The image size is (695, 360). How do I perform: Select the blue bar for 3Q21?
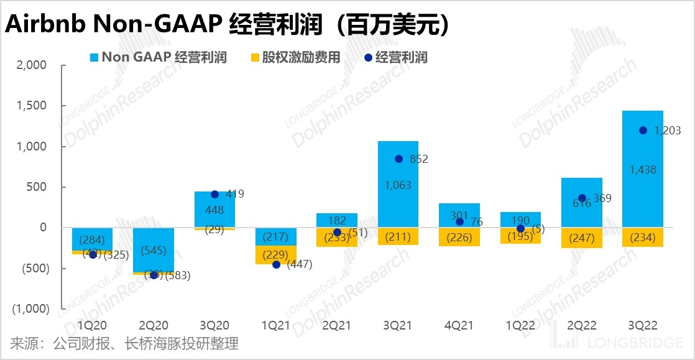pos(398,199)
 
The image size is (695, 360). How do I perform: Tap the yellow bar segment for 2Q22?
pos(581,238)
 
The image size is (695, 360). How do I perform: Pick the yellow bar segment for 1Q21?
pos(276,255)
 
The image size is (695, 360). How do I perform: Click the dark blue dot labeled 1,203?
pos(643,131)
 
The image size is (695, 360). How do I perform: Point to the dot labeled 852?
pos(398,159)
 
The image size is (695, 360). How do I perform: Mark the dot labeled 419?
pos(215,195)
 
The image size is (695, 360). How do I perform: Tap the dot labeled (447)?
pos(276,264)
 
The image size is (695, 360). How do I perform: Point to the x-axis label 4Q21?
pos(459,325)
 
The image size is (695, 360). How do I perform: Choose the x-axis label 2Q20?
pos(154,325)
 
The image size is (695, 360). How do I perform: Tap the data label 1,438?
pos(642,169)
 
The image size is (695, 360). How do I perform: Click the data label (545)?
pos(154,251)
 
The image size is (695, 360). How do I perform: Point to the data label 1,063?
pos(398,185)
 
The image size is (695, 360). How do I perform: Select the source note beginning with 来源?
pos(124,343)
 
